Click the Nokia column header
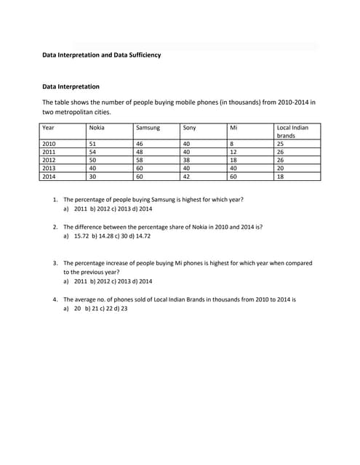coord(96,128)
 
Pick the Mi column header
coord(233,128)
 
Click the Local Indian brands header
coord(292,132)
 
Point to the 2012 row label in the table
coord(49,160)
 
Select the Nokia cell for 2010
coord(92,144)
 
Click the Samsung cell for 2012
coord(140,160)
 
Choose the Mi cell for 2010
coord(232,144)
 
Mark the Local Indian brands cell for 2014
coord(281,176)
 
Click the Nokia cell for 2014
coord(92,176)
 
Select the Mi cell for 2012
coord(233,160)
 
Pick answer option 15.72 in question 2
coord(81,236)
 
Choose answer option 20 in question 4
coord(77,309)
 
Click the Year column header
coord(49,128)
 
